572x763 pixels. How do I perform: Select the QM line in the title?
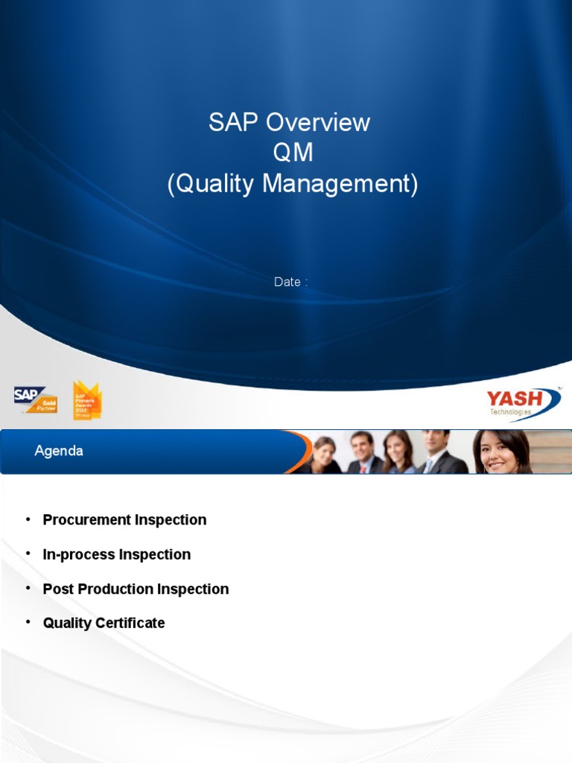coord(293,153)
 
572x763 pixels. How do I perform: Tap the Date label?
coord(288,282)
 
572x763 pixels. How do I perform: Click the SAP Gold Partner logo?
coord(35,399)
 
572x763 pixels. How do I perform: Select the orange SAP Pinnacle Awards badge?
coord(86,400)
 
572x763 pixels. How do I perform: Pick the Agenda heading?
coord(59,451)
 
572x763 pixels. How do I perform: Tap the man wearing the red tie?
coord(362,453)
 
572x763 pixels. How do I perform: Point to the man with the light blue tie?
coord(433,452)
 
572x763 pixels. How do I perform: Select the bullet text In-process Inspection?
coord(117,554)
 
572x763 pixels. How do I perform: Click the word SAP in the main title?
coord(234,122)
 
